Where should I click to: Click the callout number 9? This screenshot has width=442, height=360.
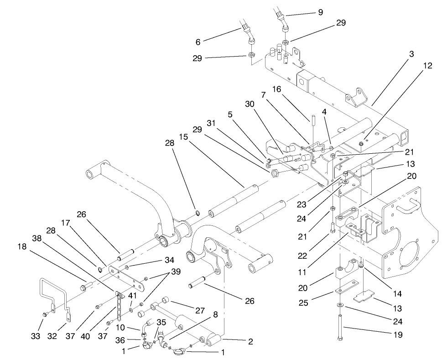[x=320, y=12]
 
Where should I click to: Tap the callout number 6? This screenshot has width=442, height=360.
[x=198, y=42]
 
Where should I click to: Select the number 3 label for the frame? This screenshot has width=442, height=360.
[x=411, y=54]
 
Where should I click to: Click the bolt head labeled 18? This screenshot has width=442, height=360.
[x=85, y=287]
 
